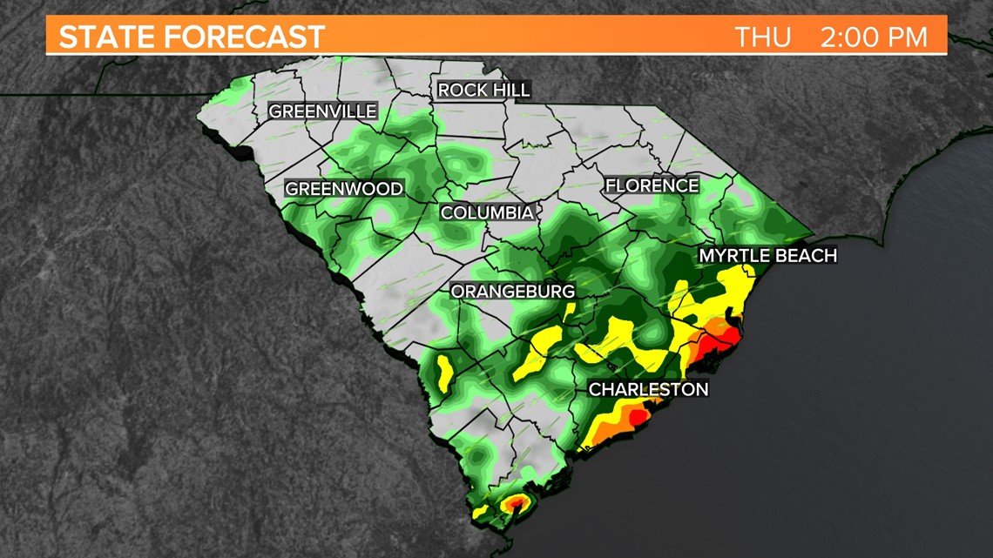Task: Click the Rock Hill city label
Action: pyautogui.click(x=483, y=90)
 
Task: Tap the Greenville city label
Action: pyautogui.click(x=322, y=111)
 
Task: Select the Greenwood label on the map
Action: pyautogui.click(x=344, y=189)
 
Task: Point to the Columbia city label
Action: pyautogui.click(x=487, y=212)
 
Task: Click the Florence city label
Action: pyautogui.click(x=652, y=185)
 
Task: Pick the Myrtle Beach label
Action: pyautogui.click(x=767, y=255)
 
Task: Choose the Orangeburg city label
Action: pyautogui.click(x=512, y=292)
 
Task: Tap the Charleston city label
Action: pyautogui.click(x=648, y=389)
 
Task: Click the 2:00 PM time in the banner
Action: pyautogui.click(x=872, y=37)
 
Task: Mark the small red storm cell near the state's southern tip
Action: pyautogui.click(x=516, y=502)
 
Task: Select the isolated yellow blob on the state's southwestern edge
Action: pyautogui.click(x=442, y=373)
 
